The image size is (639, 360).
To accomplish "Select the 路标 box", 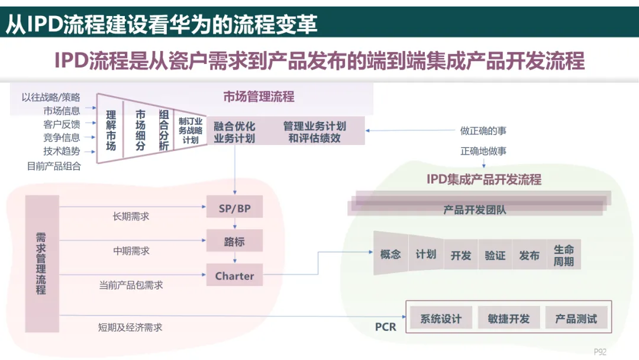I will [x=234, y=242].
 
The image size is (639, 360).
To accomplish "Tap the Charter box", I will [x=234, y=276].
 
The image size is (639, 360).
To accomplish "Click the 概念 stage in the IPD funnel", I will [x=390, y=255].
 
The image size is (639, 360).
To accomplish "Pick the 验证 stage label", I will [x=495, y=256].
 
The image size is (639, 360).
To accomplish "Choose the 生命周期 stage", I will [x=563, y=255].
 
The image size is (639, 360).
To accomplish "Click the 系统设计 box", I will [x=441, y=319].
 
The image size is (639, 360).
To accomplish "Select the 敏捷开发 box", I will [x=508, y=319].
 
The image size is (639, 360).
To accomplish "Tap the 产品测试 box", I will [x=576, y=319].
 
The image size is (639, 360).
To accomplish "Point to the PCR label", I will [x=385, y=327].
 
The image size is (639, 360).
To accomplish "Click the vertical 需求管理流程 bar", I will [x=41, y=263].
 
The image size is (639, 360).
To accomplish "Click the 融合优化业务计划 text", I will [x=234, y=132].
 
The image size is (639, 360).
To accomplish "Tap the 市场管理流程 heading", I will [x=259, y=97].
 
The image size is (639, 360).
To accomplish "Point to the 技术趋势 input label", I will [x=61, y=152].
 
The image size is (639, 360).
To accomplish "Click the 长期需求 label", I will [x=131, y=217].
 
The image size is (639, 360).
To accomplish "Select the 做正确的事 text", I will [x=483, y=131].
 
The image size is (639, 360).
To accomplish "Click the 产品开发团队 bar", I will [x=475, y=210].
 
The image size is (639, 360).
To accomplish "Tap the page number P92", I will [x=600, y=352].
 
